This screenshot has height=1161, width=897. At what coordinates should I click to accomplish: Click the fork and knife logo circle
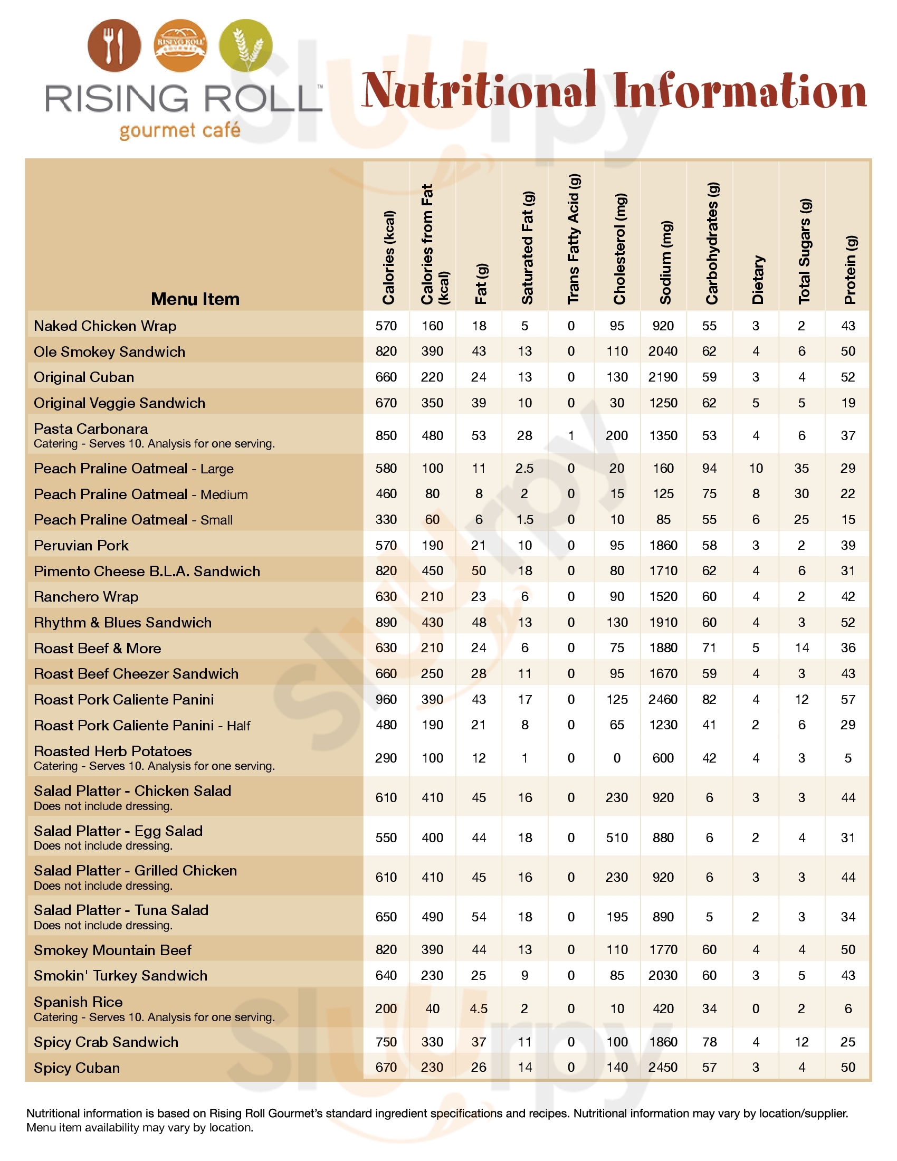point(114,46)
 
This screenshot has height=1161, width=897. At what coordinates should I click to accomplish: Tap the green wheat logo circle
point(245,46)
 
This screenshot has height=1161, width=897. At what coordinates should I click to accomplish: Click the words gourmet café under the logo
point(179,130)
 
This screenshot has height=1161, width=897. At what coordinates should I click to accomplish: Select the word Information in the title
point(739,91)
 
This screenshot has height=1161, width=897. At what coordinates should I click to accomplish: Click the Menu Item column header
point(195,299)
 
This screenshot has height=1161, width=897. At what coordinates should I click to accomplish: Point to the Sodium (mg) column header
point(665,262)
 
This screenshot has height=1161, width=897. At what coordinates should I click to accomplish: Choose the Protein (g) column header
point(850,269)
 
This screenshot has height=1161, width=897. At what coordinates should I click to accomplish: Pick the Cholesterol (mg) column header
point(619,249)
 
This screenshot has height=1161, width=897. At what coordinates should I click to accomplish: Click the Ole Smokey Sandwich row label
point(109,351)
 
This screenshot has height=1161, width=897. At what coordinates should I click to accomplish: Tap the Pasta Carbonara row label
point(91,429)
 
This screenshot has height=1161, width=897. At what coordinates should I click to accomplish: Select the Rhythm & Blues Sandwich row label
point(123,622)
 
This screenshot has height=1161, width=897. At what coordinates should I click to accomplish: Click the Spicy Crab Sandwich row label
point(106,1041)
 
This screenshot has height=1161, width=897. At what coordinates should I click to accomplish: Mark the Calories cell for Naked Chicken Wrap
point(386,326)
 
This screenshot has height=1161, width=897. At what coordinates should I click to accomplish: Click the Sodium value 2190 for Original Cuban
point(663,377)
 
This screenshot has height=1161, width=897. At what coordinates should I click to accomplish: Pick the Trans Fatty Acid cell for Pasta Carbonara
point(571,435)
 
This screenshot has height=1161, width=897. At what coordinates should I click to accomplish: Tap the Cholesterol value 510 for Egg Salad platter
point(616,838)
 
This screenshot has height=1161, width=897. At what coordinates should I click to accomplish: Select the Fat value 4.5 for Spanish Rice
point(478,1008)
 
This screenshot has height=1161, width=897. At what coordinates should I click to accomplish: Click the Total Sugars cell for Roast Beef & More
point(801,648)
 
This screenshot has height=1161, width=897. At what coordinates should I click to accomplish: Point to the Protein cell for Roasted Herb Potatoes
point(847,757)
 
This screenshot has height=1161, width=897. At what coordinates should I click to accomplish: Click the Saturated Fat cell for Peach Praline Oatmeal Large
point(524,468)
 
